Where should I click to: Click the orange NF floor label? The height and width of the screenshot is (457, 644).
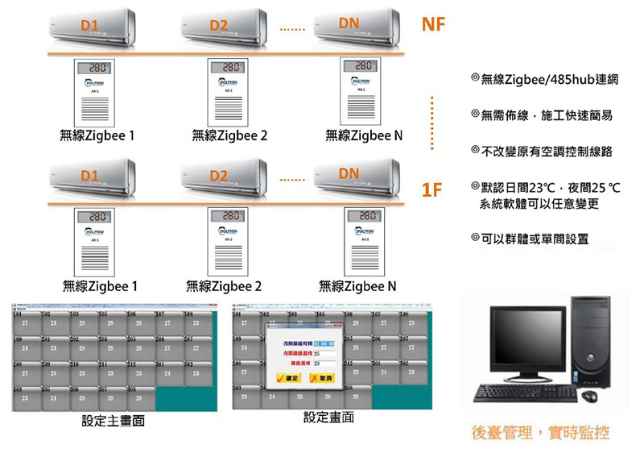point(433,26)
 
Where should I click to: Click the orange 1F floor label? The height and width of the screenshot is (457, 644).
point(432,190)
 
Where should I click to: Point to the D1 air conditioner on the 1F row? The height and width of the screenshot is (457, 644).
point(93,180)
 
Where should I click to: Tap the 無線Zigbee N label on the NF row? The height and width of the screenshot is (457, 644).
point(364,135)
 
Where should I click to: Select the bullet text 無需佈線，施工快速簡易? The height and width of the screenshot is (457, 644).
point(547,116)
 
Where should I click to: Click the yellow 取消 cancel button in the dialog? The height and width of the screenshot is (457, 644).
point(320,378)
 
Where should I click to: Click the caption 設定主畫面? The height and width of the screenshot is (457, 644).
point(114,422)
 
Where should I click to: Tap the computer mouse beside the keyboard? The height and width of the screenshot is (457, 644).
point(589,396)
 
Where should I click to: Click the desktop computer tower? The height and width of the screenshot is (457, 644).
point(590,339)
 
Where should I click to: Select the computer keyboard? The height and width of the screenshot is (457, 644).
point(525,393)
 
